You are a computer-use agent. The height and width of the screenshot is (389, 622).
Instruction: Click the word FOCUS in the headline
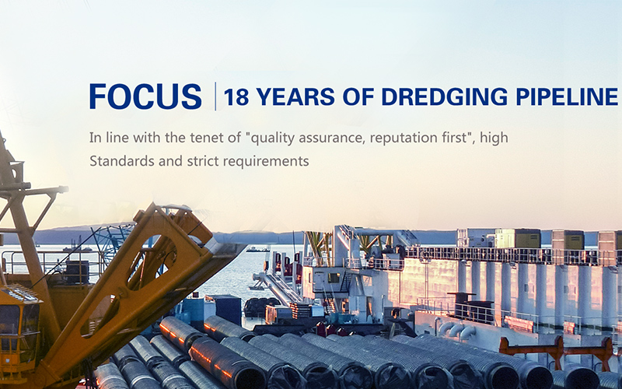[145, 96]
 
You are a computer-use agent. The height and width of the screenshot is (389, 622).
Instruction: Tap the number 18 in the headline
[236, 96]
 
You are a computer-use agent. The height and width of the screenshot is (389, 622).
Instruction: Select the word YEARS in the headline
[295, 96]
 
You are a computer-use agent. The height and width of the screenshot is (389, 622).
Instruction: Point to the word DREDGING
[444, 96]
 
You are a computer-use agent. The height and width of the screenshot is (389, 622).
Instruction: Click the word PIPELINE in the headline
[567, 96]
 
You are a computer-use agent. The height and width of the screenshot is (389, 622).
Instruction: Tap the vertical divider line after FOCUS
[215, 96]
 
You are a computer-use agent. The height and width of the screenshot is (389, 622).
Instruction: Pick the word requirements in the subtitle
[266, 162]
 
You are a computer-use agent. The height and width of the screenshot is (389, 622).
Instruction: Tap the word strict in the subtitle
[203, 161]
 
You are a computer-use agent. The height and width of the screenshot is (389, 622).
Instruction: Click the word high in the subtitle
[494, 138]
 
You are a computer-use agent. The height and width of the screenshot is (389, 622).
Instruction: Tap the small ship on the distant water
[258, 249]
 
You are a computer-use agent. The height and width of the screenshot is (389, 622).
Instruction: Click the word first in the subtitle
[453, 138]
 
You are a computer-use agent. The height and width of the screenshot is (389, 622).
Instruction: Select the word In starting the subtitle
[94, 138]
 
